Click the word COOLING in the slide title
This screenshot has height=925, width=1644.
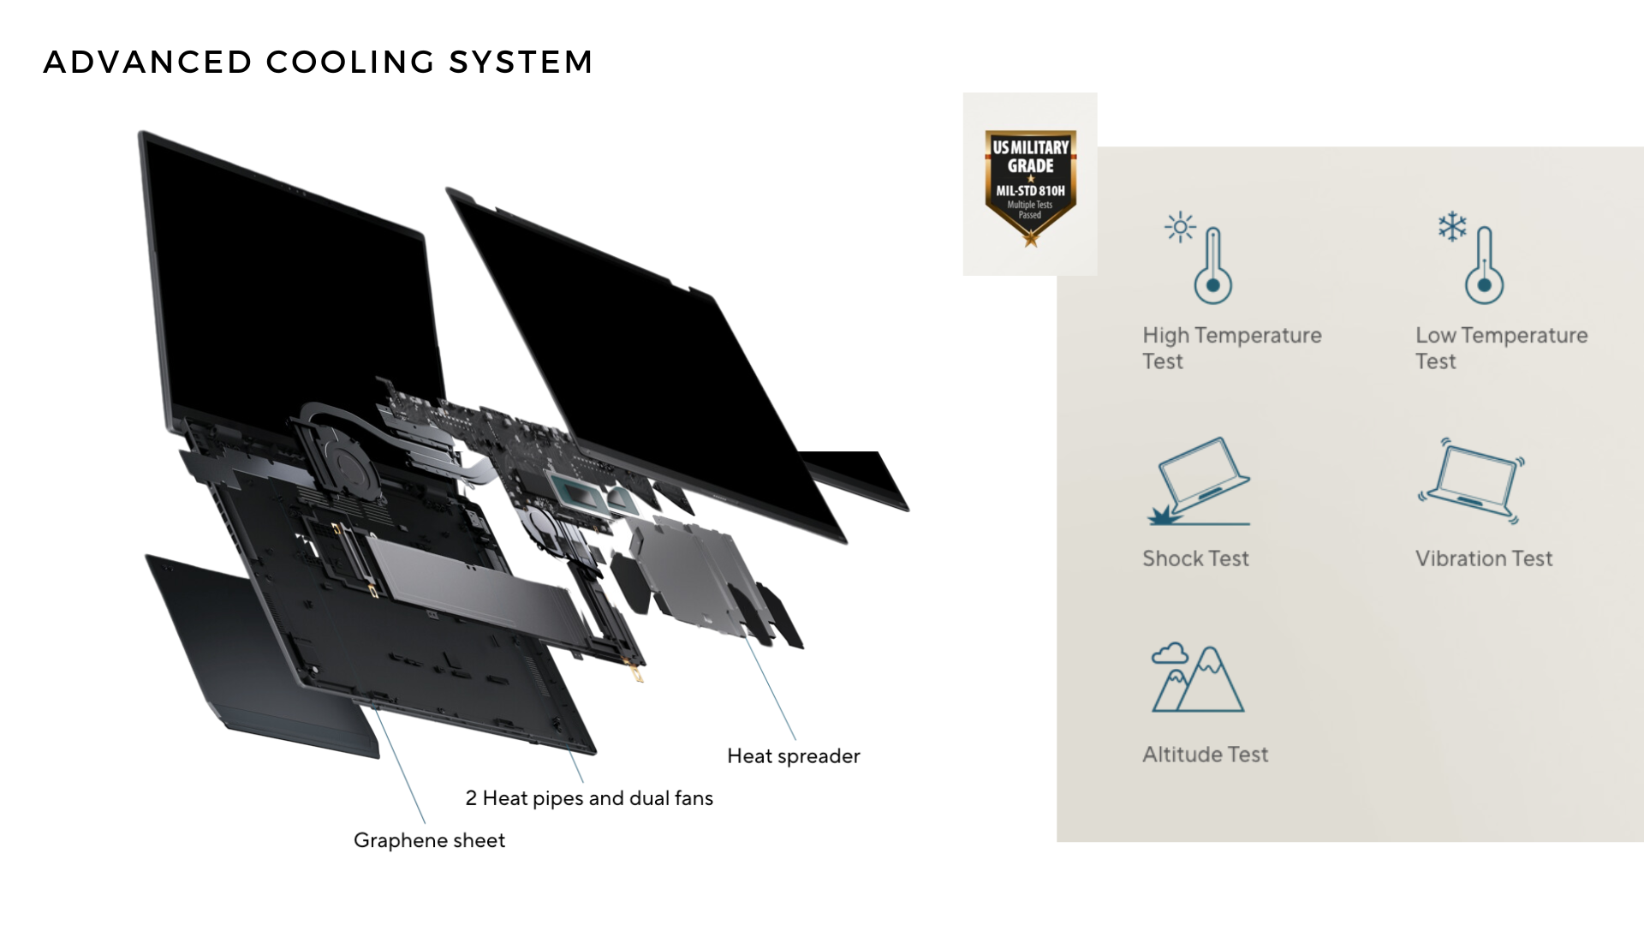[x=350, y=63]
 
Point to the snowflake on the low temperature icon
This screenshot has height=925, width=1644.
[x=1452, y=227]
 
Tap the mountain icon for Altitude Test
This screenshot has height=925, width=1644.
[x=1198, y=680]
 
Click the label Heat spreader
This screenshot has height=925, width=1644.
[x=793, y=756]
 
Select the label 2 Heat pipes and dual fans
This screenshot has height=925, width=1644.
[x=589, y=798]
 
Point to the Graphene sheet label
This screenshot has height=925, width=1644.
[x=429, y=840]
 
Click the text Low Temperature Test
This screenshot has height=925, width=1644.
[x=1500, y=348]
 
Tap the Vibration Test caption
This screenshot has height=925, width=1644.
[x=1483, y=558]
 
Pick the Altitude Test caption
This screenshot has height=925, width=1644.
[x=1205, y=755]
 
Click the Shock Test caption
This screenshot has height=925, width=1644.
[x=1195, y=558]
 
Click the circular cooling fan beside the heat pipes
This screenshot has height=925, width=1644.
[x=347, y=468]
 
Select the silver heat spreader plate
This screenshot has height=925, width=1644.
[x=694, y=574]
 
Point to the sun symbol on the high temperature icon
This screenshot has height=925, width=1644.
[x=1180, y=227]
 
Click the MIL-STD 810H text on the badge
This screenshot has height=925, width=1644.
[x=1030, y=191]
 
